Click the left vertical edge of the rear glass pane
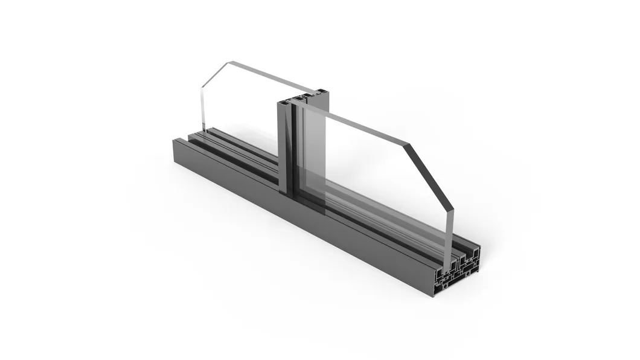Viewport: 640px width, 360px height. pos(202,109)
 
